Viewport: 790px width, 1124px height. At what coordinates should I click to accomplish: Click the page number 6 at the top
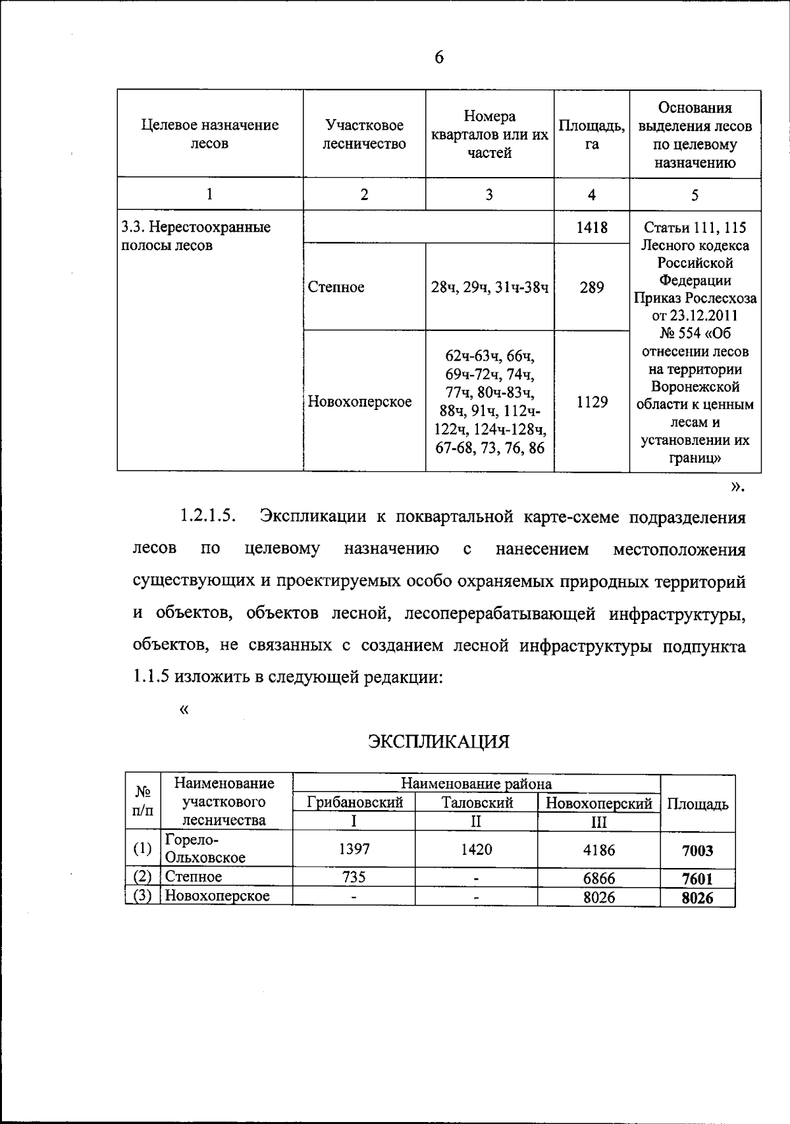439,58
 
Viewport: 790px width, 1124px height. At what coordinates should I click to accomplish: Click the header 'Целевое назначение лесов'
210,134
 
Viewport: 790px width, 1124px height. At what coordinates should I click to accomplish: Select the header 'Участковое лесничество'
364,134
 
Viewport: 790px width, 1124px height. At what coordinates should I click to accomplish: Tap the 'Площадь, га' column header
591,134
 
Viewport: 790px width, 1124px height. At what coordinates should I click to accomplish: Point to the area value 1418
591,228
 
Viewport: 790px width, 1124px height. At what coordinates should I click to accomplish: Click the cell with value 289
591,287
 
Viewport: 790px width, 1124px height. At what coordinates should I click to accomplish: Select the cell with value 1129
591,401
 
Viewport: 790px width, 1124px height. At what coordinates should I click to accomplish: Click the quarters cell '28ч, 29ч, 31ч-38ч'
490,287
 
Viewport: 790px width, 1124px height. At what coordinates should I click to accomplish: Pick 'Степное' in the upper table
336,287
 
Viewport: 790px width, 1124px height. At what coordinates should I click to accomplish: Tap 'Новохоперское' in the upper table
360,401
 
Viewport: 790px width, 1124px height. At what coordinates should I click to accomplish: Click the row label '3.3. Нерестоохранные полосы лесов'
196,237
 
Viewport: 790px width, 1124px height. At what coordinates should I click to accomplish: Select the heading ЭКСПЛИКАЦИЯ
438,742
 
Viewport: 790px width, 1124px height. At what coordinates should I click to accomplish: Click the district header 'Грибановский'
354,803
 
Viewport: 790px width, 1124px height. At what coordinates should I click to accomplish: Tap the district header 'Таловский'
477,803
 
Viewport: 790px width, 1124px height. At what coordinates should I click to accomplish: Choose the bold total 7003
697,851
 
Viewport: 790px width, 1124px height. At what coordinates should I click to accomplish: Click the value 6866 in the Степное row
598,878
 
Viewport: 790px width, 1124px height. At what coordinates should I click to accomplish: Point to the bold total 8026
697,898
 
